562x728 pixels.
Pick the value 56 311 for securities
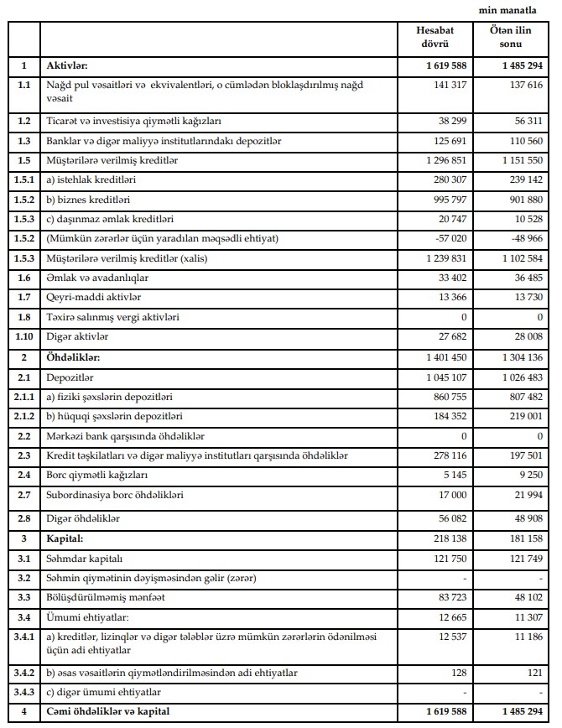[x=526, y=120]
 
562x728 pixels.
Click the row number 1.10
[x=24, y=336]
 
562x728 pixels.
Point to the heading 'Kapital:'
[x=66, y=538]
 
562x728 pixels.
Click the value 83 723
[x=451, y=599]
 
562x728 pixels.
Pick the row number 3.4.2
[x=24, y=673]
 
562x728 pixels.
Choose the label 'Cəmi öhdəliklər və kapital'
[x=118, y=712]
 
